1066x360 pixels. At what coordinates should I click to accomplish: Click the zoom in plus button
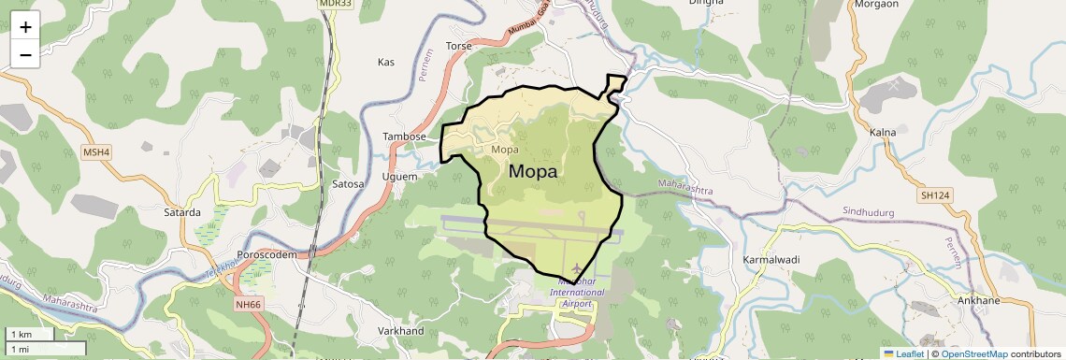point(25,27)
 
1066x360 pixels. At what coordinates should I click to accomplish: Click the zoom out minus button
point(25,54)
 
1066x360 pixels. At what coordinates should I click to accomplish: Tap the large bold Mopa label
point(533,172)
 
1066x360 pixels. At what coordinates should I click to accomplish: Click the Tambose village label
point(404,137)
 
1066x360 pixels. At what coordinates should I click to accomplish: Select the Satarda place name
point(182,212)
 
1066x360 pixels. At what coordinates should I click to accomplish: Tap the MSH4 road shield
point(96,151)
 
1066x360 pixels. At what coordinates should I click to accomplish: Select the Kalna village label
point(882,133)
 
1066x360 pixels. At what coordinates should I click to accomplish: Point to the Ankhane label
point(978,301)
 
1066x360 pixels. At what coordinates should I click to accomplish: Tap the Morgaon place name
point(876,4)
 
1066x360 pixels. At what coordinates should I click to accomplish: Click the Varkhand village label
point(400,331)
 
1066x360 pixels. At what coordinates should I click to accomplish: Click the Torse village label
point(459,46)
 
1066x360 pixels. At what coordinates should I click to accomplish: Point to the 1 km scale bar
point(31,335)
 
